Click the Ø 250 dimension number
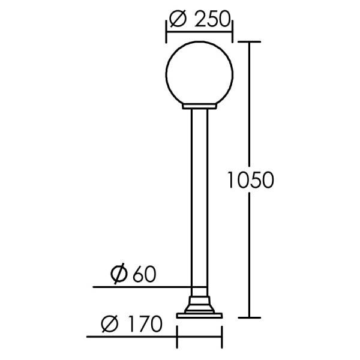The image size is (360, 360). click(x=212, y=19)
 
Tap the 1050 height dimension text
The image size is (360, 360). click(x=251, y=180)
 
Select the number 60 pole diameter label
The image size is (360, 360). click(x=145, y=274)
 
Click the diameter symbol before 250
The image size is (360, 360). click(x=178, y=19)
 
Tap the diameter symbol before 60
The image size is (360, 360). click(x=119, y=274)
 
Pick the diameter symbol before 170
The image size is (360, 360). click(x=110, y=324)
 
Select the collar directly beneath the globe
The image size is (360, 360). click(x=199, y=106)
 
